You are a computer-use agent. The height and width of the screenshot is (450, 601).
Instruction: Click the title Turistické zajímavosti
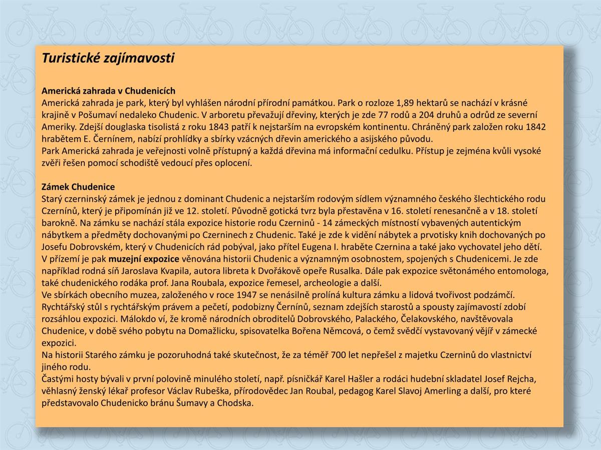(108, 58)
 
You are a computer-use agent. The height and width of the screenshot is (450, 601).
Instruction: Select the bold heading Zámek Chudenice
(78, 187)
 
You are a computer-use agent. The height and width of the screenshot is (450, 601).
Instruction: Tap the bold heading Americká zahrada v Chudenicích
(108, 91)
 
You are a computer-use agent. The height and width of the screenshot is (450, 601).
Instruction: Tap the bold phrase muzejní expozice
(144, 259)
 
